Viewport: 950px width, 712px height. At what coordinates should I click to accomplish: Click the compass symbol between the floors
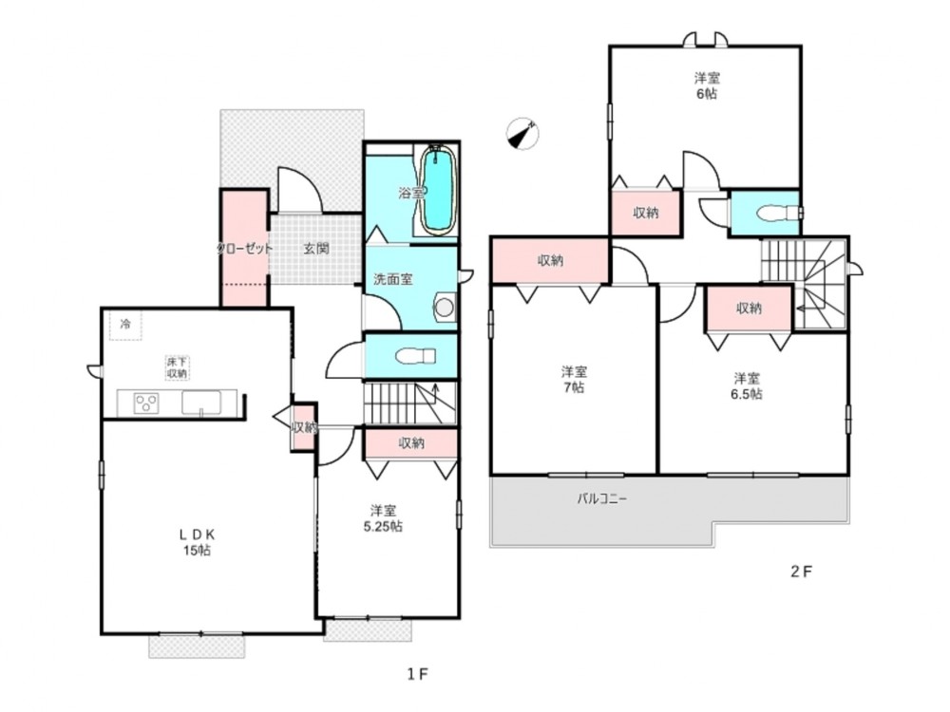click(x=522, y=135)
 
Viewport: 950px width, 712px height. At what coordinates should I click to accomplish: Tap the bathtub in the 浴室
click(x=438, y=190)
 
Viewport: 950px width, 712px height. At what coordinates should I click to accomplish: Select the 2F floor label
click(x=802, y=571)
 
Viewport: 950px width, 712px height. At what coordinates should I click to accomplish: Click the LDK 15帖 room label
click(x=197, y=542)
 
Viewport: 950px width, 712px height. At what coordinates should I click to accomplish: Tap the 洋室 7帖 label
click(x=572, y=379)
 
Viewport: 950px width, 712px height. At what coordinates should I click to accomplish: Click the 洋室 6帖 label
click(x=705, y=85)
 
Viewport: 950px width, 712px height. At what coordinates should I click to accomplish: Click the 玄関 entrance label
click(x=316, y=249)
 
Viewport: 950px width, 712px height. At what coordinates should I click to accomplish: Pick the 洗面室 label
click(x=392, y=279)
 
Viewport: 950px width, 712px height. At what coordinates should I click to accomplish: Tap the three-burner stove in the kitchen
click(x=145, y=403)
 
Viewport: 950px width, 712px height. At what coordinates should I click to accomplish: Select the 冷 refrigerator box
click(x=124, y=324)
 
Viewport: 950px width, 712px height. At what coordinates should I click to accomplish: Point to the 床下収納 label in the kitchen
click(x=177, y=367)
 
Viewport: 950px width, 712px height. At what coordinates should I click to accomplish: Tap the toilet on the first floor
click(x=412, y=357)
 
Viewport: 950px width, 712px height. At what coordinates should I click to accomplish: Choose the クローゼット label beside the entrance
click(x=244, y=249)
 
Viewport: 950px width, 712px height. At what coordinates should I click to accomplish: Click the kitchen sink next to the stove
click(x=201, y=403)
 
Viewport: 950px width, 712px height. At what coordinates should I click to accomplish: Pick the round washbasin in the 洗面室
click(x=443, y=307)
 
